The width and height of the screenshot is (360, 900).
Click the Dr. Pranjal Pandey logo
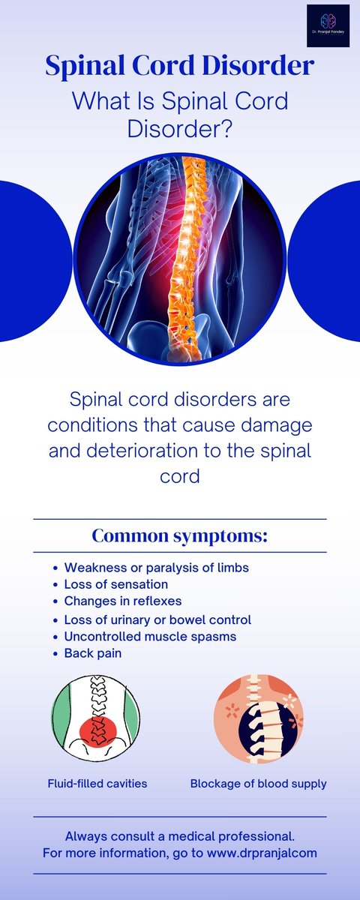click(x=327, y=25)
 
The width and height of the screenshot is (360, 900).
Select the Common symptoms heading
click(x=180, y=536)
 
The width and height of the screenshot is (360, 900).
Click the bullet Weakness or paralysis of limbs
click(x=156, y=568)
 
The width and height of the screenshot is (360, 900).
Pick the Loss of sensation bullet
click(x=115, y=584)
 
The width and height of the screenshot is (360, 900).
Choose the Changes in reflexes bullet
click(x=122, y=601)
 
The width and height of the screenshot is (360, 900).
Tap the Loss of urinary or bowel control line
click(x=157, y=620)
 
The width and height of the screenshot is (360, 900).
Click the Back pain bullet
click(x=93, y=653)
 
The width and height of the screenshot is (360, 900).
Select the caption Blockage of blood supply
click(x=258, y=784)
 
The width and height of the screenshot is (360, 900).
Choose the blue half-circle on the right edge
click(x=330, y=261)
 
